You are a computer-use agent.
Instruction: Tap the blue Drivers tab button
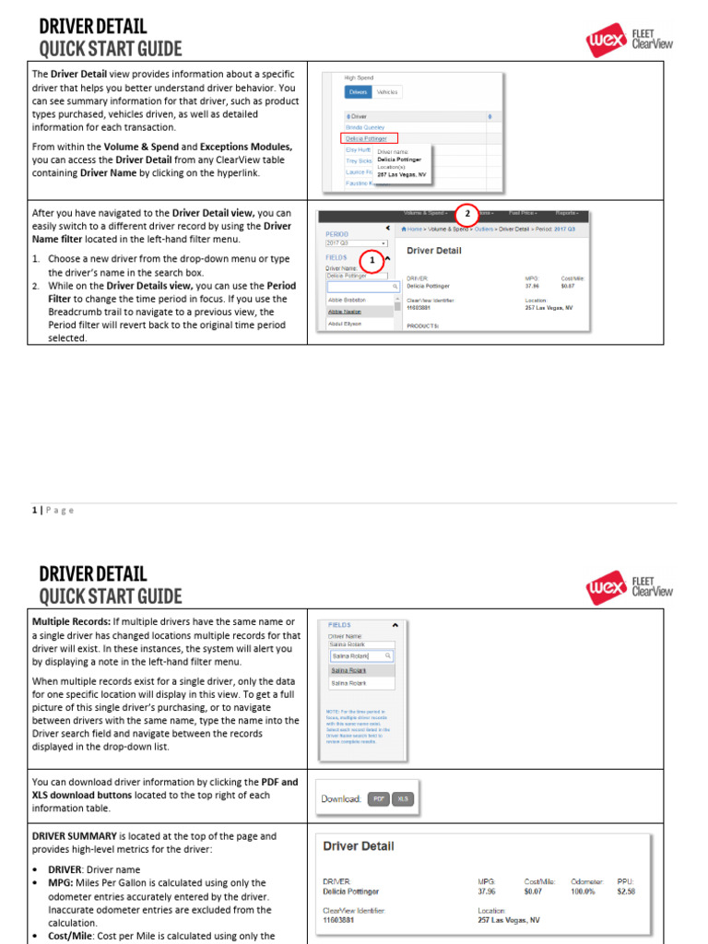click(x=358, y=92)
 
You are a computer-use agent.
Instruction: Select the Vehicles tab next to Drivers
click(x=388, y=92)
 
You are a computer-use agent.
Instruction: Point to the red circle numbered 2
click(x=467, y=214)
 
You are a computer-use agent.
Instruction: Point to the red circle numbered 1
click(x=372, y=259)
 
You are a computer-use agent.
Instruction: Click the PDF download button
click(x=378, y=799)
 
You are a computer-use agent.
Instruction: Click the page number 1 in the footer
click(x=34, y=510)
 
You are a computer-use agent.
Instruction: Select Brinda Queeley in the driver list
click(x=365, y=127)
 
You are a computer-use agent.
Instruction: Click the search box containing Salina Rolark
click(x=361, y=655)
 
